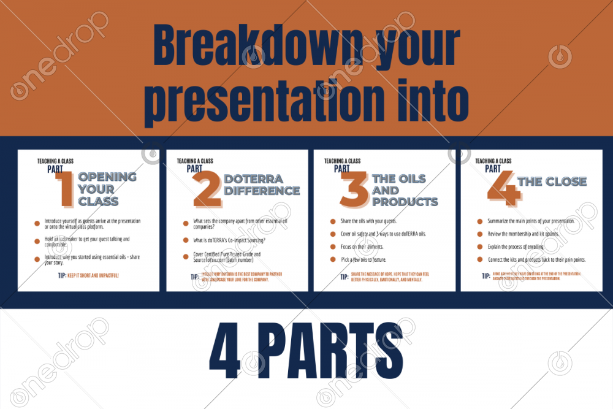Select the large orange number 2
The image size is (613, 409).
point(207,189)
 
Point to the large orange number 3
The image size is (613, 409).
point(354,189)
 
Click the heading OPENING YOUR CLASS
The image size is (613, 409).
point(107,189)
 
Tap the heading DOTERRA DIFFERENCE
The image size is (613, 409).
point(261,185)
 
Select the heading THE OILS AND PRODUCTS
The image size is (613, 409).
point(405,190)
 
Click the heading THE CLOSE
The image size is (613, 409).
point(552,182)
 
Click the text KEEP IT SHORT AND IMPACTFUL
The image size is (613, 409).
point(93,275)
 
